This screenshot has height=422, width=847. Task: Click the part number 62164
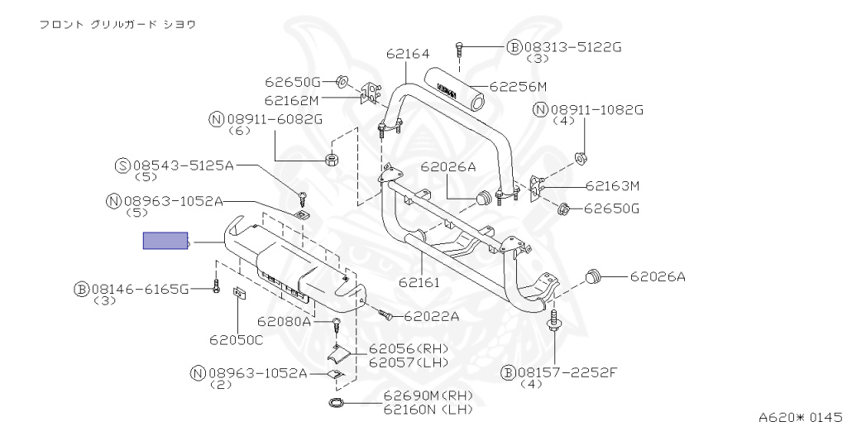(407, 55)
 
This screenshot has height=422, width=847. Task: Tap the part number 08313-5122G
(572, 47)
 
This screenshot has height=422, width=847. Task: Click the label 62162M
(292, 100)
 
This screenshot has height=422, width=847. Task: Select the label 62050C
(236, 339)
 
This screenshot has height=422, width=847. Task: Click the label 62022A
(430, 315)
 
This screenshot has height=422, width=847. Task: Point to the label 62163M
(612, 186)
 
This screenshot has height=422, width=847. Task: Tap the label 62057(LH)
(408, 362)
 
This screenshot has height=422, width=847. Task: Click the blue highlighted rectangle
(166, 242)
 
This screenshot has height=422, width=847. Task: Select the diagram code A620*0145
(800, 415)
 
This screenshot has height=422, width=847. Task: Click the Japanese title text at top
(117, 24)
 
